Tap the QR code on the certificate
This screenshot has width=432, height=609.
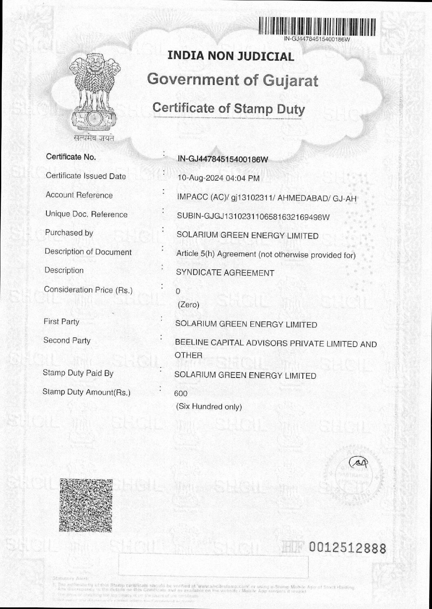tap(86, 505)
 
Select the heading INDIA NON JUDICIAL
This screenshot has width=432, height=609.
tap(231, 57)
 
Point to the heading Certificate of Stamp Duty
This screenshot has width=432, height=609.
tap(228, 109)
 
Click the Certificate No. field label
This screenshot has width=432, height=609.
tap(71, 157)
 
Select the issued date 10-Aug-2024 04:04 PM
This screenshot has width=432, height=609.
tap(218, 178)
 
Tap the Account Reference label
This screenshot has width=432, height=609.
tap(79, 195)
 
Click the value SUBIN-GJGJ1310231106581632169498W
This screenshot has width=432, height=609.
tap(253, 217)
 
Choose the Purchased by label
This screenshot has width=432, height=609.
tap(69, 233)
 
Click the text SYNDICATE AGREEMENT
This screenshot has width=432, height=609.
tap(225, 273)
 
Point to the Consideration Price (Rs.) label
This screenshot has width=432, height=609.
tap(88, 290)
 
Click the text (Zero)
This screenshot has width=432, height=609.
tap(188, 305)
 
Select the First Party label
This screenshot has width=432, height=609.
tap(61, 322)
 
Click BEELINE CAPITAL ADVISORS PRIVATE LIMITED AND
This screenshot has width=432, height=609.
tap(276, 344)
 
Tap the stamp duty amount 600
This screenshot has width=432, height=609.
tap(181, 393)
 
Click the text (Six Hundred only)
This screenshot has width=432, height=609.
tap(209, 406)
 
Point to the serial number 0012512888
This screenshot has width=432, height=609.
tap(347, 549)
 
